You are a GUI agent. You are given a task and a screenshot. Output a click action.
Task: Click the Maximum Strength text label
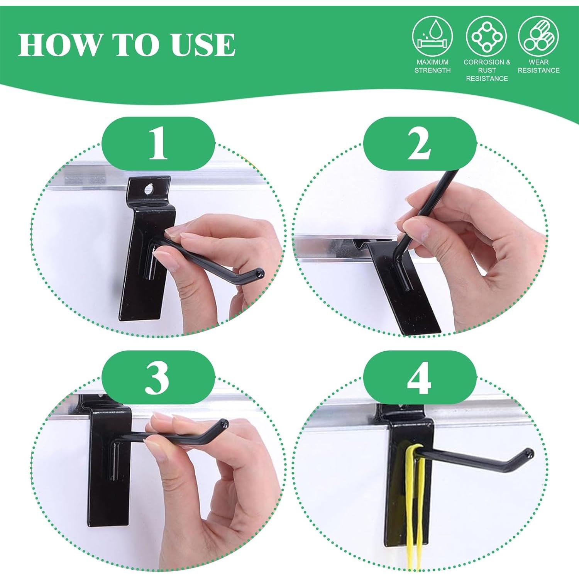[432, 66]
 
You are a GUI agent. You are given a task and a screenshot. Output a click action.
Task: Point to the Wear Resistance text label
[538, 66]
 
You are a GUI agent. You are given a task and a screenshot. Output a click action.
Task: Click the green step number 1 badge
[158, 144]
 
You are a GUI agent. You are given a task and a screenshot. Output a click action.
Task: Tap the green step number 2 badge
[420, 144]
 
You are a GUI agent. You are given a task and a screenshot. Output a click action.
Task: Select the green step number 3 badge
[158, 377]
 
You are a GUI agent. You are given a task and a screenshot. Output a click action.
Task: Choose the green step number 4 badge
[420, 377]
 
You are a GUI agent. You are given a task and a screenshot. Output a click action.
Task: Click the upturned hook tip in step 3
[224, 423]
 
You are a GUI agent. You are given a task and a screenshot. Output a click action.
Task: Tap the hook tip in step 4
[529, 453]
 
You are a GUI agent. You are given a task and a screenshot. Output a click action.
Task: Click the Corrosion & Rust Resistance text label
[487, 70]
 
